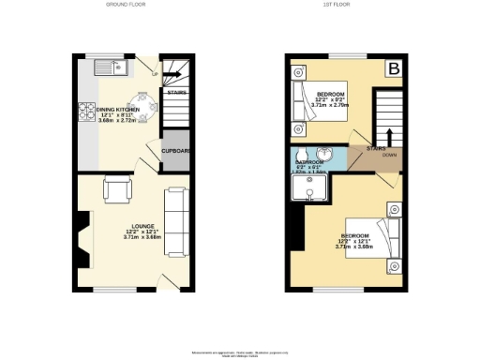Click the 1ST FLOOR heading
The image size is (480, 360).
click(345, 6)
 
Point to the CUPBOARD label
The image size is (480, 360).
click(175, 151)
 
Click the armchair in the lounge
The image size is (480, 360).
click(118, 189)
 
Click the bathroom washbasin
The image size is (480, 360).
click(324, 155)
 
